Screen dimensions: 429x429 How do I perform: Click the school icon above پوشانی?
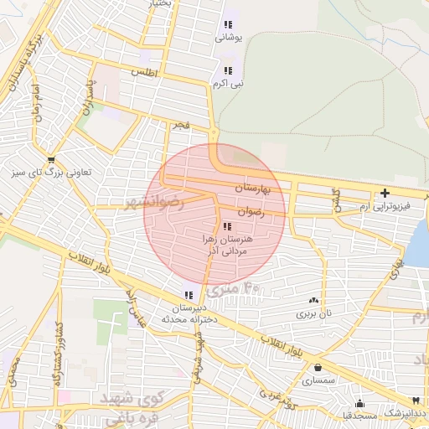click(228, 24)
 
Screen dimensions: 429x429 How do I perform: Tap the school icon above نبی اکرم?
click(228, 71)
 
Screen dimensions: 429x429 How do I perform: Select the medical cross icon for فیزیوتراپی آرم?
click(385, 193)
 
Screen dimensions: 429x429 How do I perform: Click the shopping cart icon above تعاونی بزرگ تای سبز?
click(52, 159)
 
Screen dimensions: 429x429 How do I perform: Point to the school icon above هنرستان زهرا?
click(228, 226)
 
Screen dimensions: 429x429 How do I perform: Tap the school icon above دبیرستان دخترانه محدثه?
click(189, 294)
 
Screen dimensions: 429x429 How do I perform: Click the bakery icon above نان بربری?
click(313, 300)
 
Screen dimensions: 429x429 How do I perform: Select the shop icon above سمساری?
click(318, 367)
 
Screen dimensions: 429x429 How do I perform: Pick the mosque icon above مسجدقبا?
click(359, 403)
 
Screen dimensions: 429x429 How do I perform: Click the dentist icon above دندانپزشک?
click(414, 401)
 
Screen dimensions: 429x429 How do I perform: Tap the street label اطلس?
click(144, 73)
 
